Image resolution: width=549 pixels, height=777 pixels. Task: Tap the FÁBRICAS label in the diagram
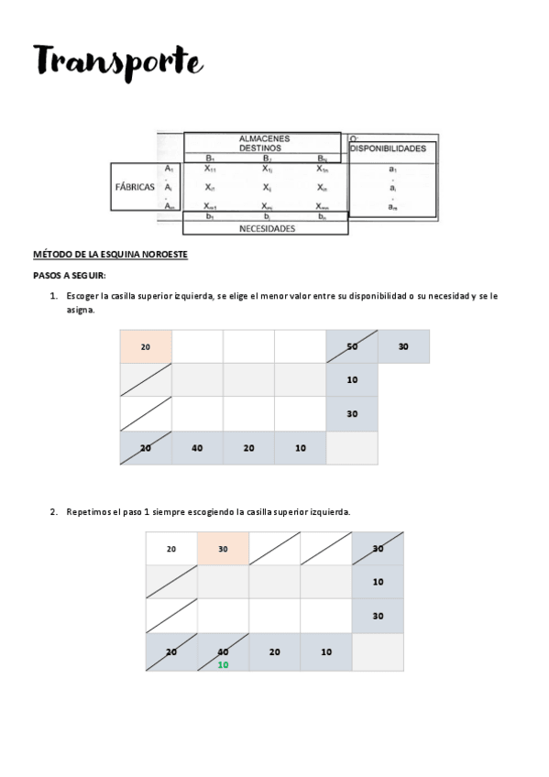pos(136,186)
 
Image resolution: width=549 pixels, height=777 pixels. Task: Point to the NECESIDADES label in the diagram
pos(266,229)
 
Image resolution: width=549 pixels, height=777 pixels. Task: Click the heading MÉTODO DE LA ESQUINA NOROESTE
pos(110,254)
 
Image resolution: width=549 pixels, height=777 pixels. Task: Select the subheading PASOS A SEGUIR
pos(70,275)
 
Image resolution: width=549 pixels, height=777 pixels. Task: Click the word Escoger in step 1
pos(82,296)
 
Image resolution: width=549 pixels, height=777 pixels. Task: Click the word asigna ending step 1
pos(80,310)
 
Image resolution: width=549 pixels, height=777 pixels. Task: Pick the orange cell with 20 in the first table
pos(146,346)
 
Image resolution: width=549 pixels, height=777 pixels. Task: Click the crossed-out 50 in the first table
pos(352,346)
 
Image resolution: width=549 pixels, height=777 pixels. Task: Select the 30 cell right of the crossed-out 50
pos(403,346)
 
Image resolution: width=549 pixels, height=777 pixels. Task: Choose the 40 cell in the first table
pos(197,448)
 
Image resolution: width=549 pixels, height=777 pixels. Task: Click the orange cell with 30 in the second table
pos(223,549)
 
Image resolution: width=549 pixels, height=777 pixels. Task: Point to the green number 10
pos(223,664)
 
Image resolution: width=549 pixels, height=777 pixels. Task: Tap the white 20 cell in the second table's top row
pos(171,549)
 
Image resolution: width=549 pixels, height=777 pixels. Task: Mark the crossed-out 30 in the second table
pos(378,549)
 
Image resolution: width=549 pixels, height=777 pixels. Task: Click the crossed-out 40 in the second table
pos(223,651)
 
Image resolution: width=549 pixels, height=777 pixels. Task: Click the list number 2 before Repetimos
pos(53,511)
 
